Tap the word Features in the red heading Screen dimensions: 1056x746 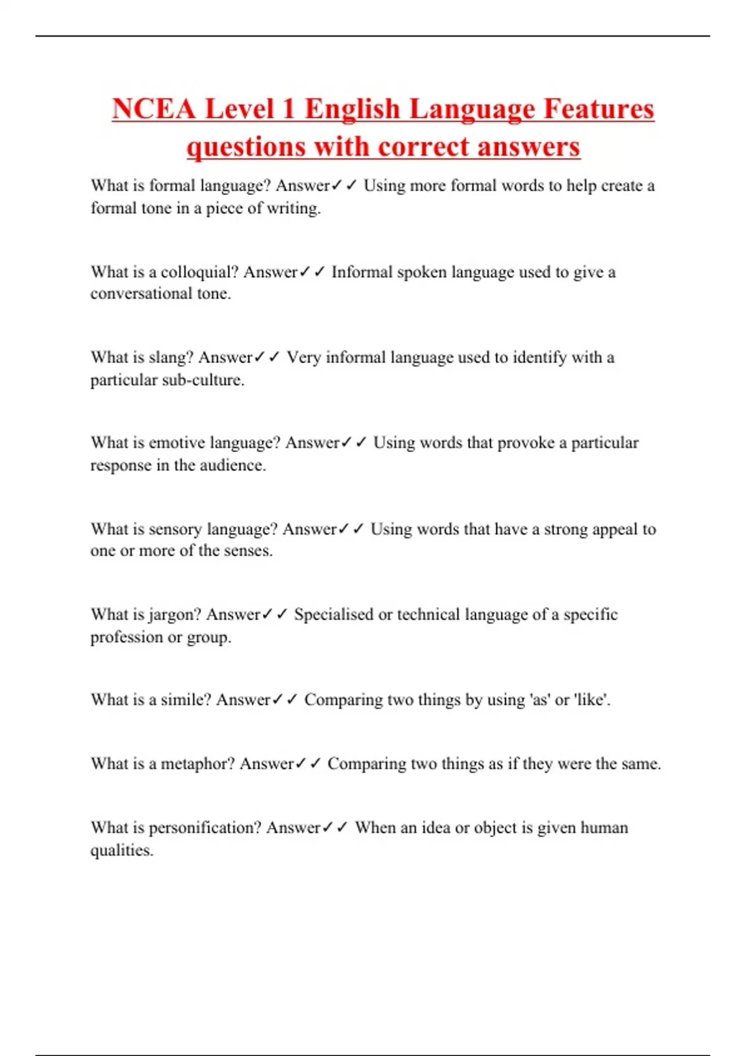coord(599,109)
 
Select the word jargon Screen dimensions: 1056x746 coord(174,614)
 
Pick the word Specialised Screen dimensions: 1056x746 coord(333,614)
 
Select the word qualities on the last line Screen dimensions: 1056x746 coord(121,850)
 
